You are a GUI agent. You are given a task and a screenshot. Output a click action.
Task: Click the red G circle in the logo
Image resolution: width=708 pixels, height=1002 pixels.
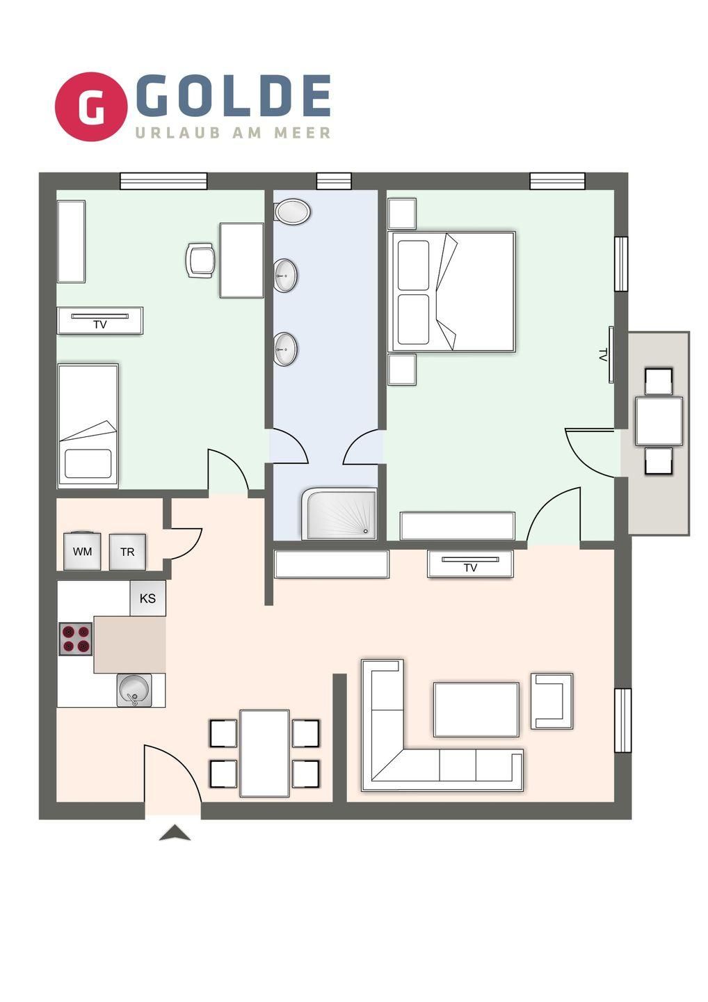click(x=91, y=106)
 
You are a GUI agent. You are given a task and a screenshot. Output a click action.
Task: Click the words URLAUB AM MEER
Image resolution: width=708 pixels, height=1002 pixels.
click(x=233, y=133)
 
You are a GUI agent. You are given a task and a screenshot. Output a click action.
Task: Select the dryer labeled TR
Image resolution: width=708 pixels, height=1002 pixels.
click(x=127, y=552)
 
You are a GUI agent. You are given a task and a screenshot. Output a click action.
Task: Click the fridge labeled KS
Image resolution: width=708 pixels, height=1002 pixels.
click(x=148, y=598)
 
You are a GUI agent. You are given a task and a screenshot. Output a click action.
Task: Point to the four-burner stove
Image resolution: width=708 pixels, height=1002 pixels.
click(x=76, y=639)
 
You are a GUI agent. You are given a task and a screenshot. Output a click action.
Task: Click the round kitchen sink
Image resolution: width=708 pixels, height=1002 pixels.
click(x=134, y=690)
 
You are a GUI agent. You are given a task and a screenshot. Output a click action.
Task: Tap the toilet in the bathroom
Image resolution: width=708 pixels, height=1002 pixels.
click(x=292, y=211)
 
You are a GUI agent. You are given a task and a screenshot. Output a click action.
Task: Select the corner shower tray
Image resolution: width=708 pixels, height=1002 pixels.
click(x=339, y=514)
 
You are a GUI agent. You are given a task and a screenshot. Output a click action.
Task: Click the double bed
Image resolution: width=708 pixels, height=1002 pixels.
click(x=451, y=292)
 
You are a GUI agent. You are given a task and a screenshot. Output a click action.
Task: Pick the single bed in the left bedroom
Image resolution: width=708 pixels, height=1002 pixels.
click(x=88, y=426)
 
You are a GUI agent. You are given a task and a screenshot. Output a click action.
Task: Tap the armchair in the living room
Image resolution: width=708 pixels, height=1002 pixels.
click(x=552, y=701)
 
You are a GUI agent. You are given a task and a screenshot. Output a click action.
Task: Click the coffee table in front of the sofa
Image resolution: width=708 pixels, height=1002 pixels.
click(x=476, y=710)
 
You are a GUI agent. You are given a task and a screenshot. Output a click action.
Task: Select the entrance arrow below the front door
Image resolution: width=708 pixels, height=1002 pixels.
click(x=175, y=832)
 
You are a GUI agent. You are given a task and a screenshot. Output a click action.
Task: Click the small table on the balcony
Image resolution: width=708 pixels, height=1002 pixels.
click(x=659, y=422)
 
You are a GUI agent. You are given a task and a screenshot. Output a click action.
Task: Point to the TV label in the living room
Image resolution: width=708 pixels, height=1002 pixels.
click(x=470, y=568)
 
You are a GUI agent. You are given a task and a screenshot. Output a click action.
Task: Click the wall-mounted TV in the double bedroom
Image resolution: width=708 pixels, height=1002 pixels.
click(x=611, y=355)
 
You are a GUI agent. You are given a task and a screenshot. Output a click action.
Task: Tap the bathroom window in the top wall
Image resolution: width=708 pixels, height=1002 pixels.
click(x=334, y=181)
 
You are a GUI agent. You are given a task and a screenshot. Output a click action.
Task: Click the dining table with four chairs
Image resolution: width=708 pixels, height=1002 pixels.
click(x=264, y=754)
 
